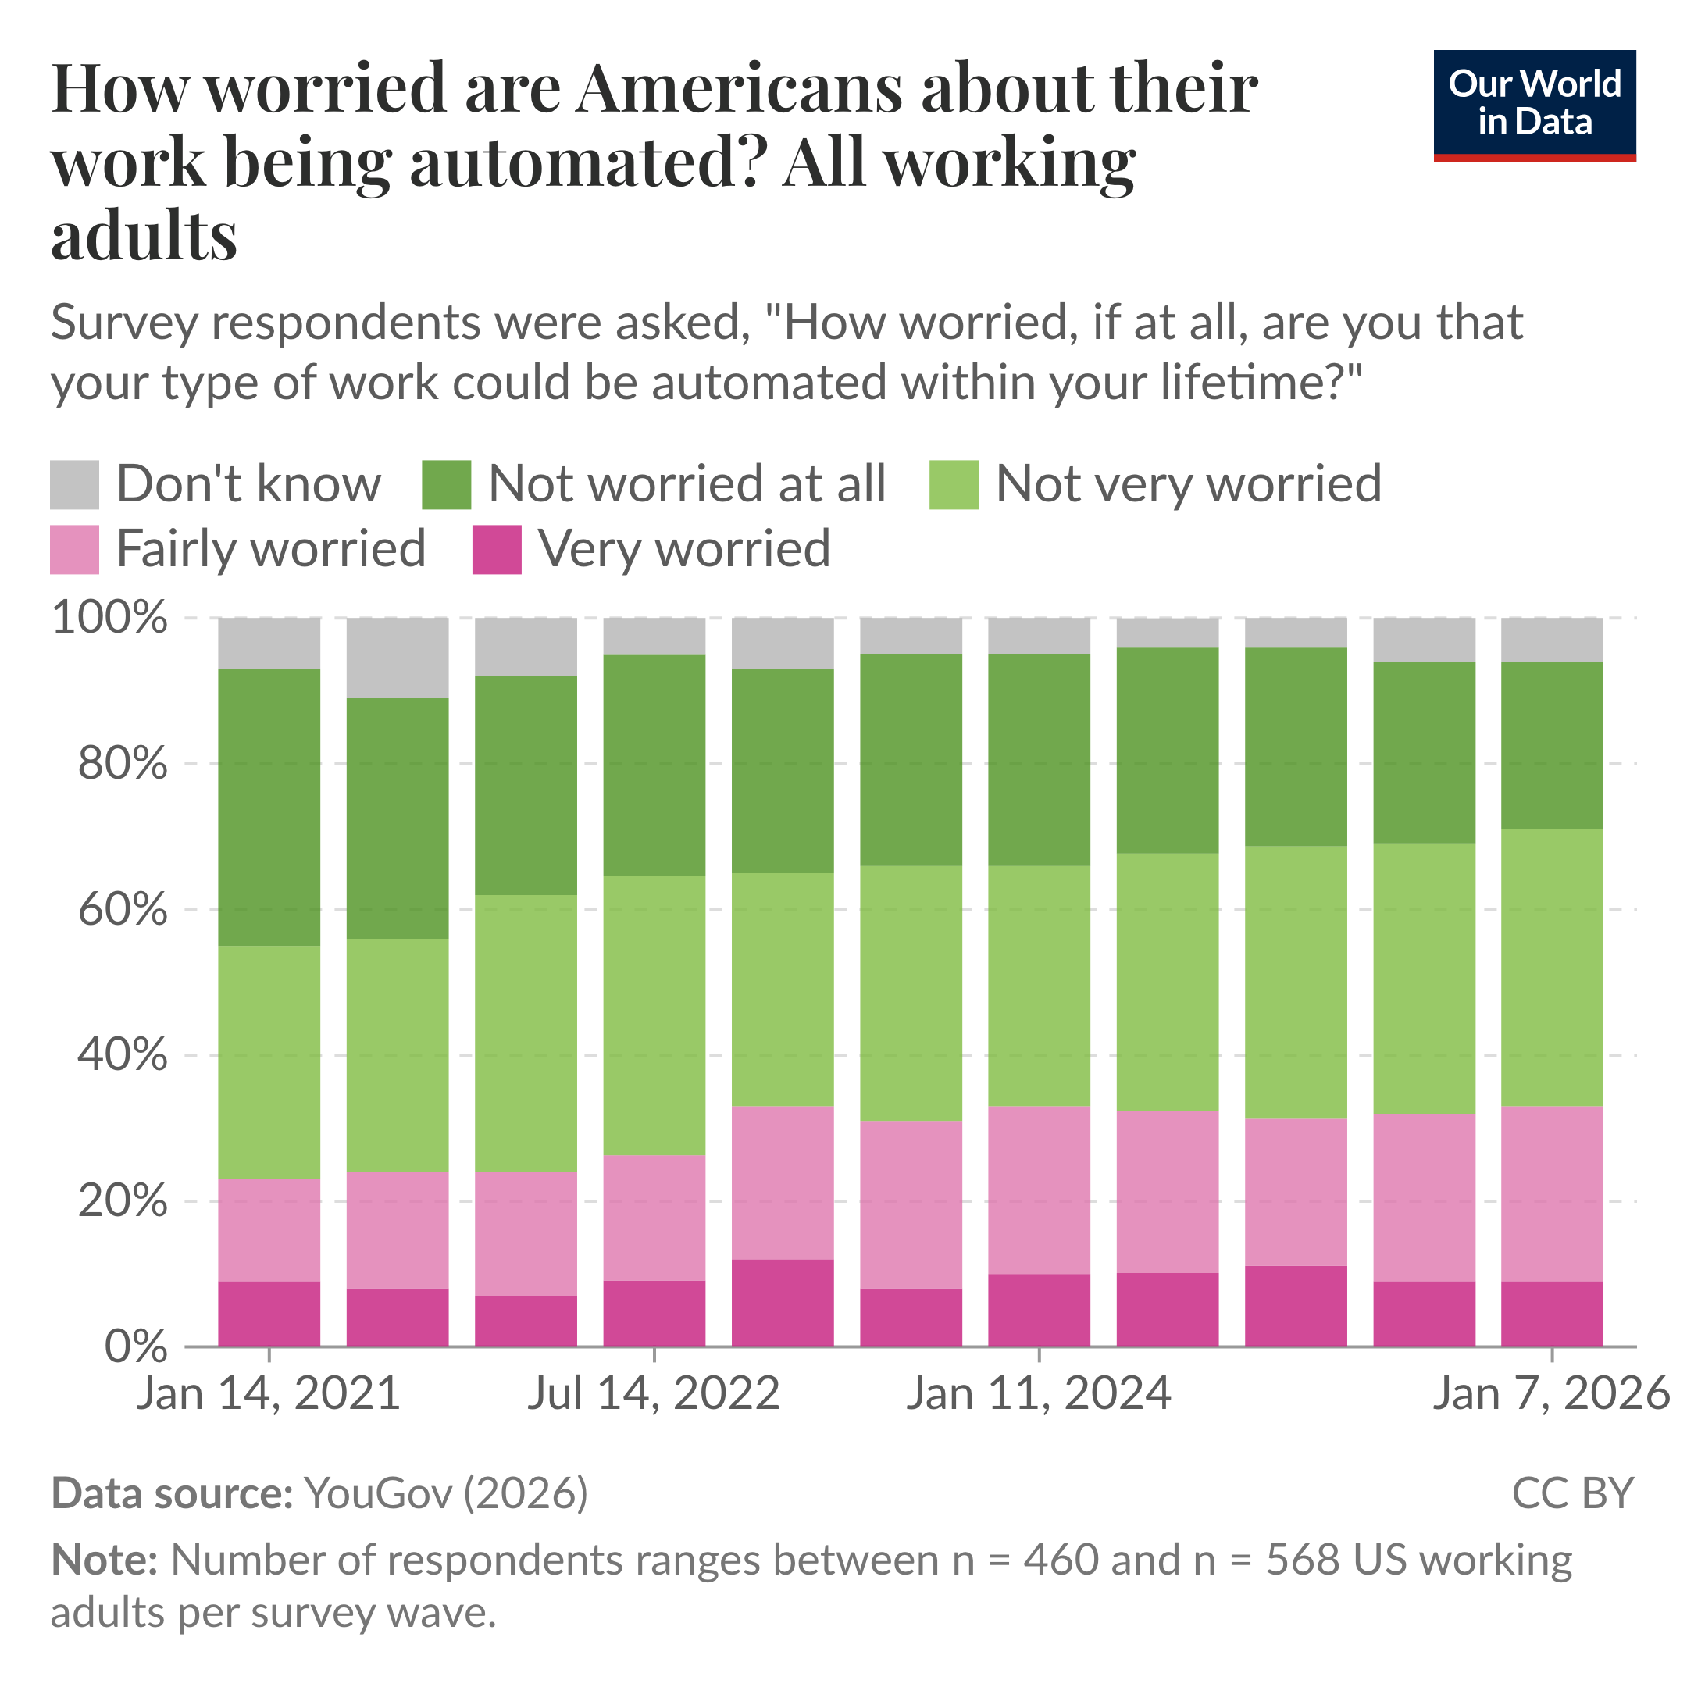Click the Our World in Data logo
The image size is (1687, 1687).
pyautogui.click(x=1534, y=105)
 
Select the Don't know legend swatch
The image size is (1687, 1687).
pyautogui.click(x=74, y=484)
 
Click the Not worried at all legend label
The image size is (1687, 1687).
pyautogui.click(x=687, y=484)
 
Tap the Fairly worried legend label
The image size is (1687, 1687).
pyautogui.click(x=271, y=549)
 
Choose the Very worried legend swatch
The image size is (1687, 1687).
pyautogui.click(x=497, y=549)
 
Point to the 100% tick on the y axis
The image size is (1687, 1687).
pyautogui.click(x=110, y=619)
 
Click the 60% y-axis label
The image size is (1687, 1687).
pyautogui.click(x=123, y=910)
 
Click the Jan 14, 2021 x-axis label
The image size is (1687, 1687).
pyautogui.click(x=268, y=1393)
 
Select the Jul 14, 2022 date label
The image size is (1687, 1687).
pyautogui.click(x=653, y=1393)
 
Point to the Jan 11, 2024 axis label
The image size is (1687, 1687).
pyautogui.click(x=1038, y=1393)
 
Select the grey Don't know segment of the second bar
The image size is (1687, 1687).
pyautogui.click(x=398, y=658)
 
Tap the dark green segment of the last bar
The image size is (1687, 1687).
pyautogui.click(x=1552, y=745)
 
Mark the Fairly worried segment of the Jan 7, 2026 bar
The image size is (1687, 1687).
pyautogui.click(x=1552, y=1193)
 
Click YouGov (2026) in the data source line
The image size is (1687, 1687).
pyautogui.click(x=445, y=1494)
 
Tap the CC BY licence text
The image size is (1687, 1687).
pyautogui.click(x=1571, y=1494)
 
